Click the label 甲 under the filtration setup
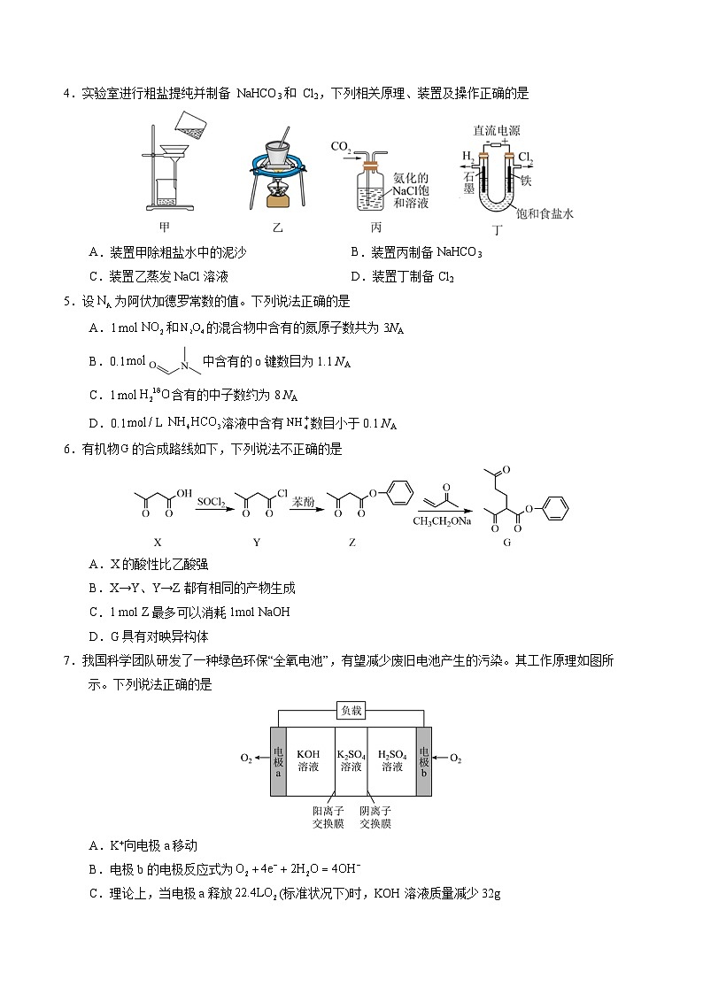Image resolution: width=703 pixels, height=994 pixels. pos(164,227)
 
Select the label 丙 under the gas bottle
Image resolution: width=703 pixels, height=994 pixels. pos(375,227)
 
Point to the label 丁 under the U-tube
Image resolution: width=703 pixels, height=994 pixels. pos(498,230)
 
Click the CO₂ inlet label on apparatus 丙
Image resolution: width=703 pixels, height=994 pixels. pos(341,145)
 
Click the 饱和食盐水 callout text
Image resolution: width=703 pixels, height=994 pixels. pos(545,213)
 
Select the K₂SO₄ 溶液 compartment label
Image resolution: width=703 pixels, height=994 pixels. pos(351,760)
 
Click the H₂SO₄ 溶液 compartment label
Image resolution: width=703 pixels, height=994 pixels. pos(392,760)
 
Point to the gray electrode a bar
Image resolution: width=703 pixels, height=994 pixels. pos(279,760)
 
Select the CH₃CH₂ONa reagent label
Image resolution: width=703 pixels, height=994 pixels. pos(442,520)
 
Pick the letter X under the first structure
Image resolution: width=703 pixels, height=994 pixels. pos(158,542)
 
